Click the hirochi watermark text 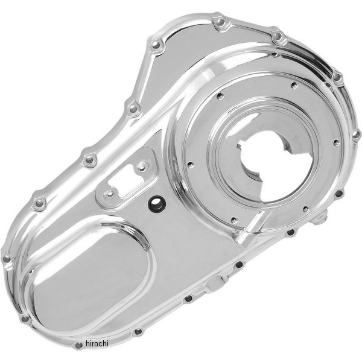tap(97, 343)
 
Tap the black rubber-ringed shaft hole tap(157, 204)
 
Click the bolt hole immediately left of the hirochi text tap(78, 345)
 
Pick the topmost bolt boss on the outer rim tap(220, 23)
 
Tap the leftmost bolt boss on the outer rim tap(7, 259)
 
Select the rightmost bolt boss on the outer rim tap(356, 135)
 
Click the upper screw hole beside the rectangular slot tap(143, 167)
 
